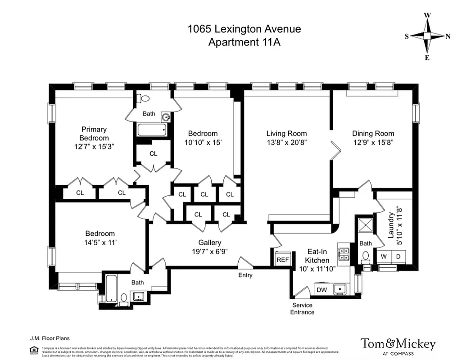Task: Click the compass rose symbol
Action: coord(427,36)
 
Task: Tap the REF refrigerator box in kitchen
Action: coord(282,260)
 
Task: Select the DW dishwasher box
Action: coord(322,289)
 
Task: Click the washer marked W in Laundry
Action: coord(384,256)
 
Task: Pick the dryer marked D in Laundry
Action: coord(398,256)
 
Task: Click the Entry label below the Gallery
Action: coord(246,275)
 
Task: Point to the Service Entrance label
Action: coord(302,309)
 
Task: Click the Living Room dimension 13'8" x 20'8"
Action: coord(286,142)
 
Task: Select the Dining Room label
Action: coord(373,133)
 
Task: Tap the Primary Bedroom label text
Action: coord(94,134)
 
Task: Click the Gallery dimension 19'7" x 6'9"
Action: coord(210,252)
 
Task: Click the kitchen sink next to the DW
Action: coord(340,288)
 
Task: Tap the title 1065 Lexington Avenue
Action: coord(244,29)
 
